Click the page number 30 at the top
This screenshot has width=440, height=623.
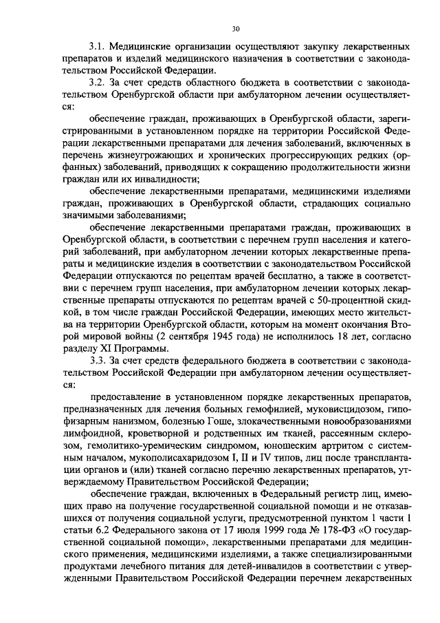coord(236,29)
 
